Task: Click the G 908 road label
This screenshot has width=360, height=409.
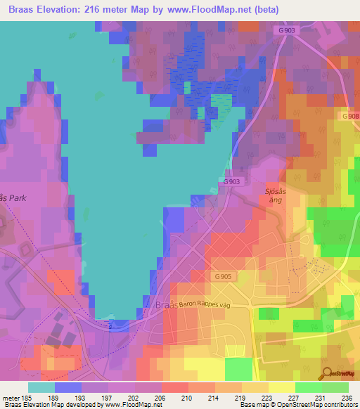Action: pos(349,115)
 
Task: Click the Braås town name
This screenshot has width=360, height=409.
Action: pos(165,306)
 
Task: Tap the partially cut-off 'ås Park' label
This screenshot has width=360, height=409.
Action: pos(13,198)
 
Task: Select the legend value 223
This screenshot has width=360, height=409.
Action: pos(266,398)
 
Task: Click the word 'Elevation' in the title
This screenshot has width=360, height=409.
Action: pos(63,10)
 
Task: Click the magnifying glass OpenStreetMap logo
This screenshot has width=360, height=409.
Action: pos(327,373)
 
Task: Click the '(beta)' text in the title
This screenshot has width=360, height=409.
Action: pos(269,10)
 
